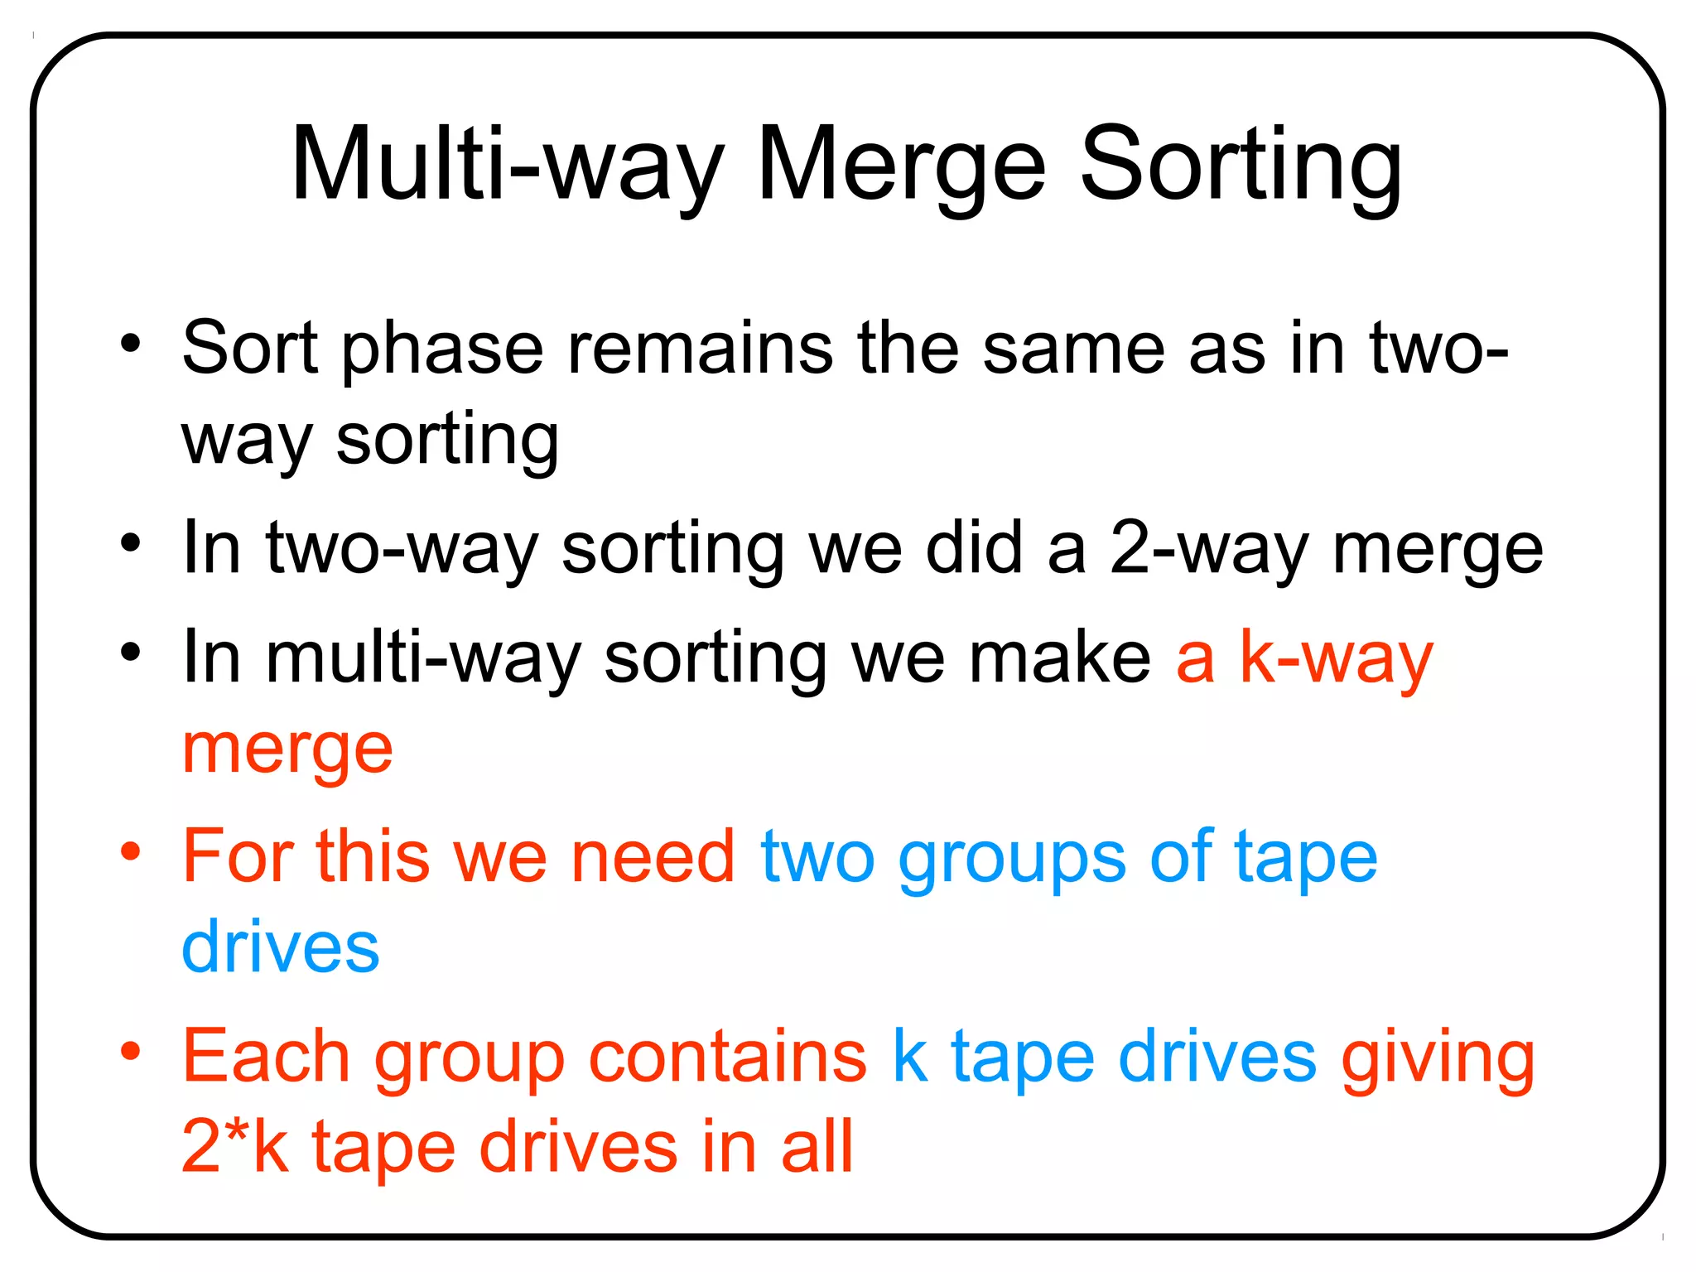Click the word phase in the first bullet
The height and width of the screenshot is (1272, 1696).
click(x=442, y=349)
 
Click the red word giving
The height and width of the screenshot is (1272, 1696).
click(x=1438, y=1060)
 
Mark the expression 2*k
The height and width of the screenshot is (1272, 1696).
click(x=234, y=1146)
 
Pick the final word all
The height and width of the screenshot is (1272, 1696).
click(x=817, y=1146)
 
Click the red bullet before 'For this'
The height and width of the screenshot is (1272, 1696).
click(x=131, y=850)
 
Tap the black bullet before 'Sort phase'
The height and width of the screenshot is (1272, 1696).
click(x=131, y=342)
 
